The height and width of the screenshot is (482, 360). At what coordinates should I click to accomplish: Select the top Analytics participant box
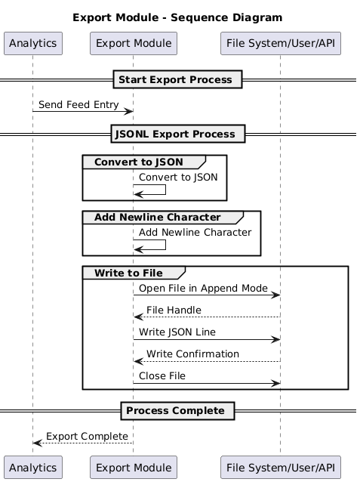coord(32,44)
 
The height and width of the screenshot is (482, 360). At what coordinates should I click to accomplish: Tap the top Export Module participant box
coord(133,44)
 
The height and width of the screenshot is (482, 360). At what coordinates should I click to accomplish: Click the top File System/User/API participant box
coord(280,44)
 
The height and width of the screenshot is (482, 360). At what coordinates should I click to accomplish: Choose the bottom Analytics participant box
coord(32,466)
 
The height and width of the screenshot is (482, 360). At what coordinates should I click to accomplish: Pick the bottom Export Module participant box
coord(133,466)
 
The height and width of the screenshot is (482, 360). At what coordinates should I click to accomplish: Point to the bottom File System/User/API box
coord(280,466)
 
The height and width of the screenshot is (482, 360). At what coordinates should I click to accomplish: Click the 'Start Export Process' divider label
coord(178,79)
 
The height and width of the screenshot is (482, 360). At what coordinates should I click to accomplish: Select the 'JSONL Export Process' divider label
coord(178,134)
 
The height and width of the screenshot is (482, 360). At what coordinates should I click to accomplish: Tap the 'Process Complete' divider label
coord(178,411)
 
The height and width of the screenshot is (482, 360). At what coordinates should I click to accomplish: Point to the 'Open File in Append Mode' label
coord(203,289)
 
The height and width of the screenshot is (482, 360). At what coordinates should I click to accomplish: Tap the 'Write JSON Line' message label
coord(177,332)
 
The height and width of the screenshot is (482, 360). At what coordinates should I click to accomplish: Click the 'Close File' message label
coord(162,376)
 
